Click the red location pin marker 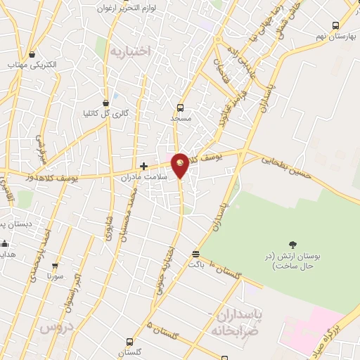[181, 164]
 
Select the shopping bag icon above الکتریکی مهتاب [33, 54]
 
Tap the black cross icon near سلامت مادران [144, 167]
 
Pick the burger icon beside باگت [195, 255]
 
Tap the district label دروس [56, 328]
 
